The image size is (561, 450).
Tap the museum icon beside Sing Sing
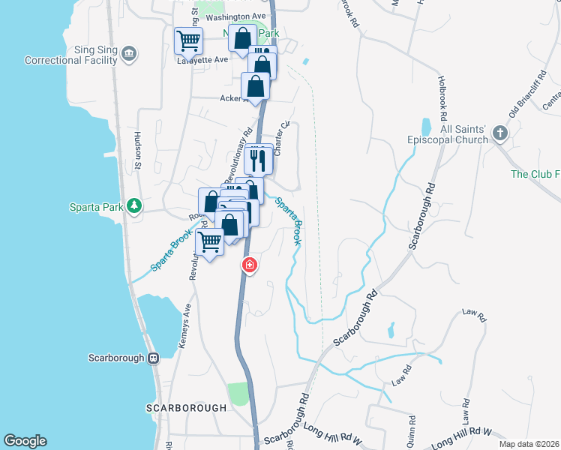click(x=129, y=54)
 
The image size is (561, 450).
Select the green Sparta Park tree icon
click(x=134, y=205)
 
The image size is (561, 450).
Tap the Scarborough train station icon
click(x=153, y=358)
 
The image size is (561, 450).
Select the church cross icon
click(x=500, y=134)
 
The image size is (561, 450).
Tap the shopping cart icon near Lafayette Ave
click(x=188, y=40)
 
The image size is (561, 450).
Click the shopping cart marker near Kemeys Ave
click(x=209, y=241)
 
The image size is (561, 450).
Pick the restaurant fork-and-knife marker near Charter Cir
click(x=258, y=158)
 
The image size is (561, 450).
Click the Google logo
click(x=25, y=441)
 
